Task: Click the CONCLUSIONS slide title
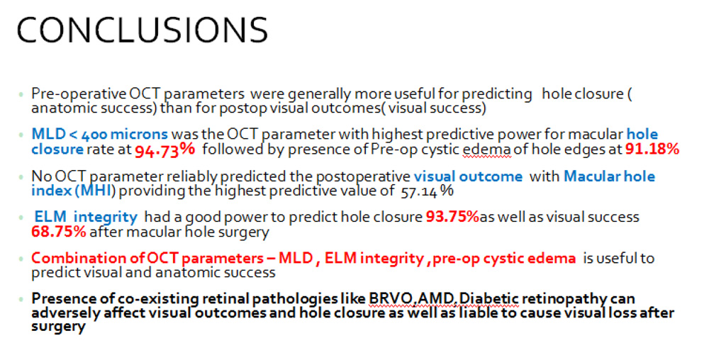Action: tap(143, 30)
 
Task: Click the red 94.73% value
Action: tap(165, 150)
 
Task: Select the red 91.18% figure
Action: tap(652, 149)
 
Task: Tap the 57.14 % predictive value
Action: tap(427, 191)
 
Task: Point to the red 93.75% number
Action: tap(452, 217)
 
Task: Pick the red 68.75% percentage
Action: tap(59, 232)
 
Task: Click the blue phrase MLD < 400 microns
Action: tap(99, 134)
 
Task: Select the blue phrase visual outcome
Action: tap(468, 176)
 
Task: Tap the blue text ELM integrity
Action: tap(86, 218)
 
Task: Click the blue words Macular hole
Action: tap(610, 176)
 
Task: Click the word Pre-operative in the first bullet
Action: tap(79, 94)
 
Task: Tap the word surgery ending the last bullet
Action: tap(58, 327)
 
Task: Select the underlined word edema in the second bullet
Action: tap(486, 150)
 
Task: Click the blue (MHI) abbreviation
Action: tap(96, 191)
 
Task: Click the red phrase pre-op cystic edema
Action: tap(504, 259)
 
